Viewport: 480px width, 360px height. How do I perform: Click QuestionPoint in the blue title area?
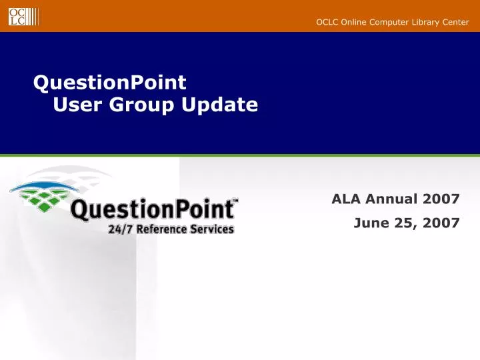110,83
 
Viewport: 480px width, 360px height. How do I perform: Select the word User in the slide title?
75,105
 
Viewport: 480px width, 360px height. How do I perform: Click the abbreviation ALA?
346,199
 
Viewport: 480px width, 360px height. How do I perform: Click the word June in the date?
369,223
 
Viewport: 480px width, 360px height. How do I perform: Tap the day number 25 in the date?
402,223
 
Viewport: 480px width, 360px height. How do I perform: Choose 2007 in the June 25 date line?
441,223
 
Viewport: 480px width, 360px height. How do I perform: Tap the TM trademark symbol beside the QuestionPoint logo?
233,199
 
